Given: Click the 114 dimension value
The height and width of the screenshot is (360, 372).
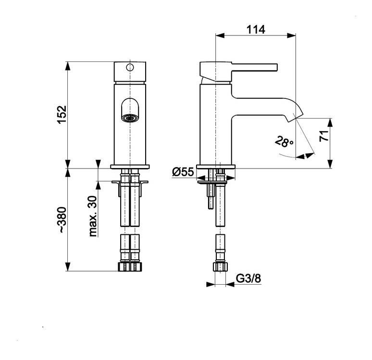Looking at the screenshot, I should point(256,29).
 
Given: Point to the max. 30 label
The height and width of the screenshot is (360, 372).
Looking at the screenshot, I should point(93,216).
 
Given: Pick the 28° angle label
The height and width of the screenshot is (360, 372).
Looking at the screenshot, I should point(284,142).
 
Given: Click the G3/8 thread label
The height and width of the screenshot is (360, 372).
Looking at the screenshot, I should point(248,278).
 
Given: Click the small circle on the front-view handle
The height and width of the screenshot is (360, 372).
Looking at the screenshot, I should point(129,67).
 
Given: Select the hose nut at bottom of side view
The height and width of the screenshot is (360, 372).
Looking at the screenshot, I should point(220,267).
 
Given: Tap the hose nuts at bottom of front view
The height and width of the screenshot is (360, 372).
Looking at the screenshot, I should point(130,267).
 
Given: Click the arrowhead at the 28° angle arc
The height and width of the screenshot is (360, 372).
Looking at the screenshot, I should point(303,155).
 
